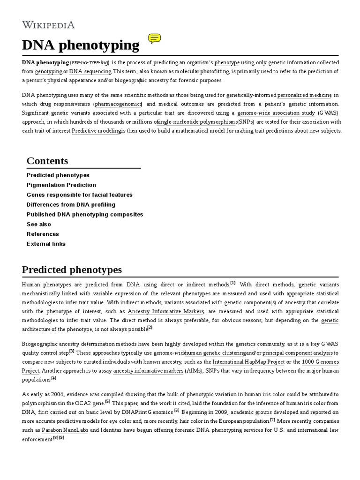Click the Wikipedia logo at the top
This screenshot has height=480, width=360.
click(48, 25)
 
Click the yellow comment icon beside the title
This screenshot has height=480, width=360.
click(155, 39)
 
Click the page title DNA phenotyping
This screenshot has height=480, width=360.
click(81, 45)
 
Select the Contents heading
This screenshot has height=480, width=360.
click(47, 161)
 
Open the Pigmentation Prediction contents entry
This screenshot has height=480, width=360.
click(61, 185)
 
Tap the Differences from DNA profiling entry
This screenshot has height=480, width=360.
click(71, 205)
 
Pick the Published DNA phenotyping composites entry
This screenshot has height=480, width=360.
click(85, 215)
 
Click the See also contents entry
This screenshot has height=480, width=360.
click(39, 225)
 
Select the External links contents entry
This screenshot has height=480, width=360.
click(46, 244)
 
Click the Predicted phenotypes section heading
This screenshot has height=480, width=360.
click(72, 270)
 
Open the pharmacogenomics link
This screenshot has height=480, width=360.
click(118, 104)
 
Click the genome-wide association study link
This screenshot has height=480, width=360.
click(276, 113)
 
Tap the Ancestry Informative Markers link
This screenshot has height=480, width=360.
click(166, 312)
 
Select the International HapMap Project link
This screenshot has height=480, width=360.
click(248, 362)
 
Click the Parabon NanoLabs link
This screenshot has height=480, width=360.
click(65, 430)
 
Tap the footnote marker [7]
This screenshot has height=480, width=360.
click(272, 420)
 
